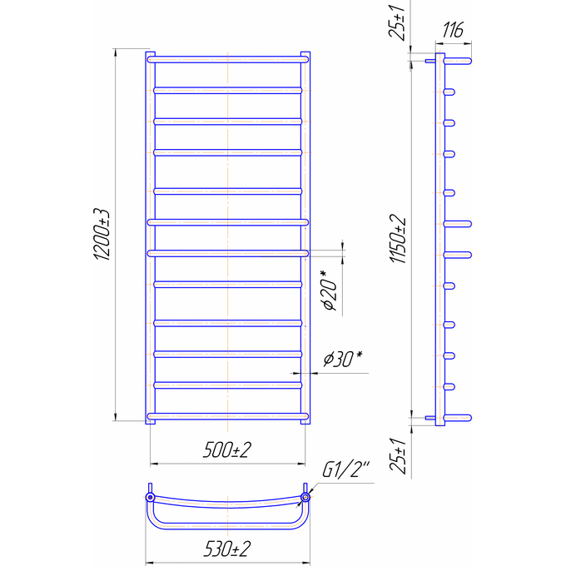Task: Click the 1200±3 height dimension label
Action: [x=102, y=234]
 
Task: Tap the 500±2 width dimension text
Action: [x=227, y=450]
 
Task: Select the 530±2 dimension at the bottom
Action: [x=227, y=549]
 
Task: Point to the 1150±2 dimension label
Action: [x=398, y=239]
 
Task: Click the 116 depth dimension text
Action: [x=453, y=30]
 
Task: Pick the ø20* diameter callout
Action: [x=330, y=290]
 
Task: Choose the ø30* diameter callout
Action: [x=343, y=359]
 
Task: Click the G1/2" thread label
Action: [x=345, y=469]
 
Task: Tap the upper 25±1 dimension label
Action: [x=397, y=22]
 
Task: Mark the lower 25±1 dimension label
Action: [x=398, y=455]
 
